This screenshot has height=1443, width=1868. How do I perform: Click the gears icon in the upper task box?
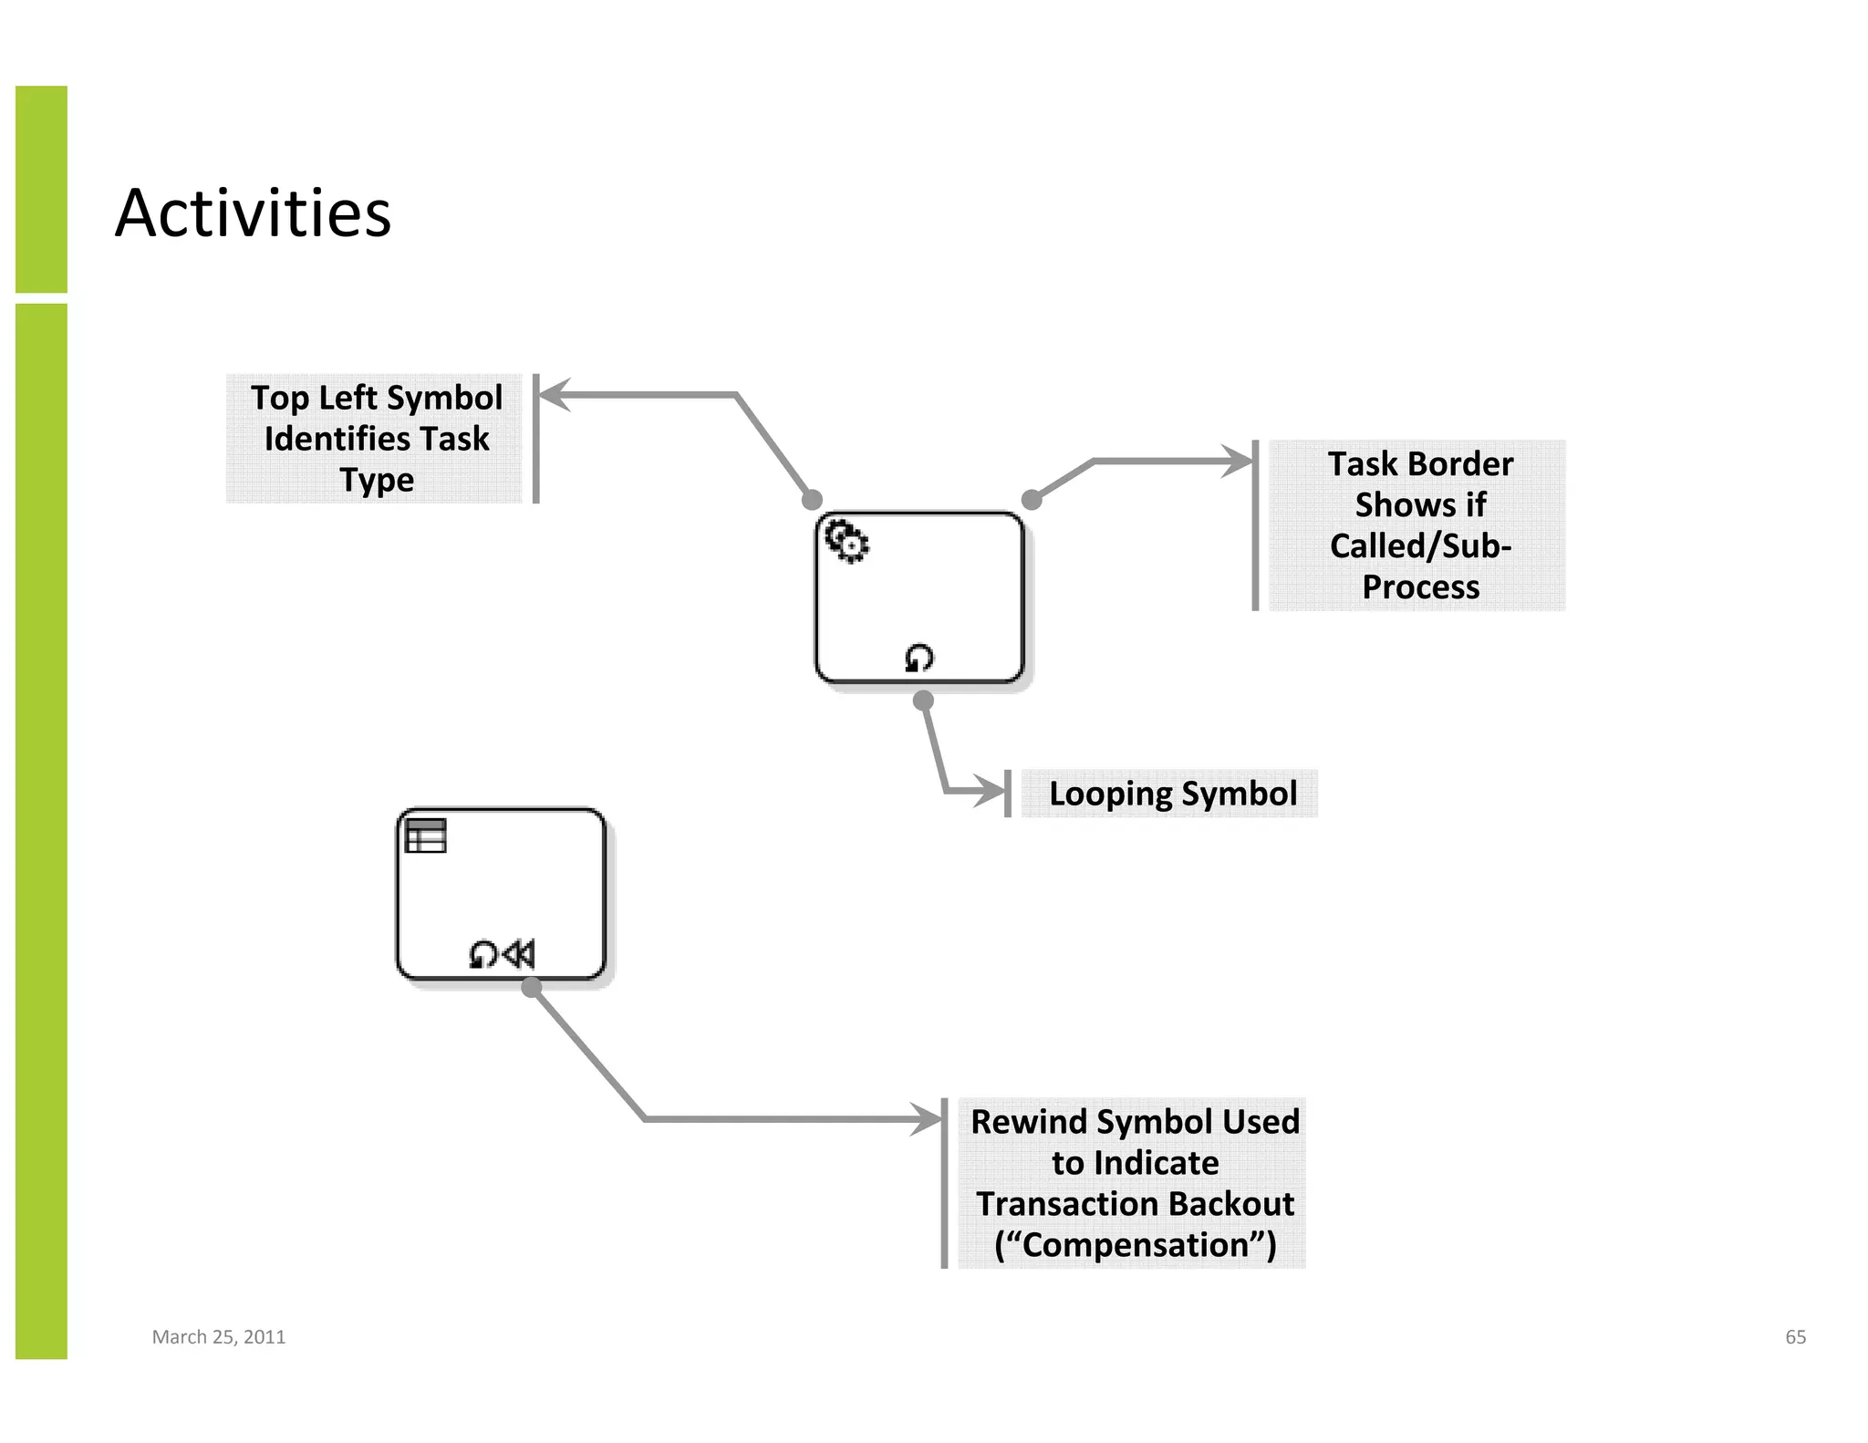coord(846,541)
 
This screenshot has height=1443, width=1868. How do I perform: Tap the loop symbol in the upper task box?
coord(918,658)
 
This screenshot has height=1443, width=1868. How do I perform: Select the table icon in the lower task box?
coord(425,836)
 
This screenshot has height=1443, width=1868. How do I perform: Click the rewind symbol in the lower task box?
coord(519,954)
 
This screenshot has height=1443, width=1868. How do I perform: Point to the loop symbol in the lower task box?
coord(483,954)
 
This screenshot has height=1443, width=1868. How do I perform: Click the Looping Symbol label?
coord(1172,794)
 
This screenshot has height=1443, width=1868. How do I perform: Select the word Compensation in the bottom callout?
coord(1135,1245)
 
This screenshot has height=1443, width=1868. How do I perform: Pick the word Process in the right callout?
coord(1420,587)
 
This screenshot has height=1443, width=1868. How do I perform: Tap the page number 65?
coord(1795,1336)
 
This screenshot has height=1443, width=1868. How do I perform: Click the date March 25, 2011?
coord(218,1336)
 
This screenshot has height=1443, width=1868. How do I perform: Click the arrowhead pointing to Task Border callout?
coord(1240,462)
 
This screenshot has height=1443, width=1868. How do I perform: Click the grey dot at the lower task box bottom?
coord(532,987)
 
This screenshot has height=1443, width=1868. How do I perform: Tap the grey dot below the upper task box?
coord(923,701)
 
